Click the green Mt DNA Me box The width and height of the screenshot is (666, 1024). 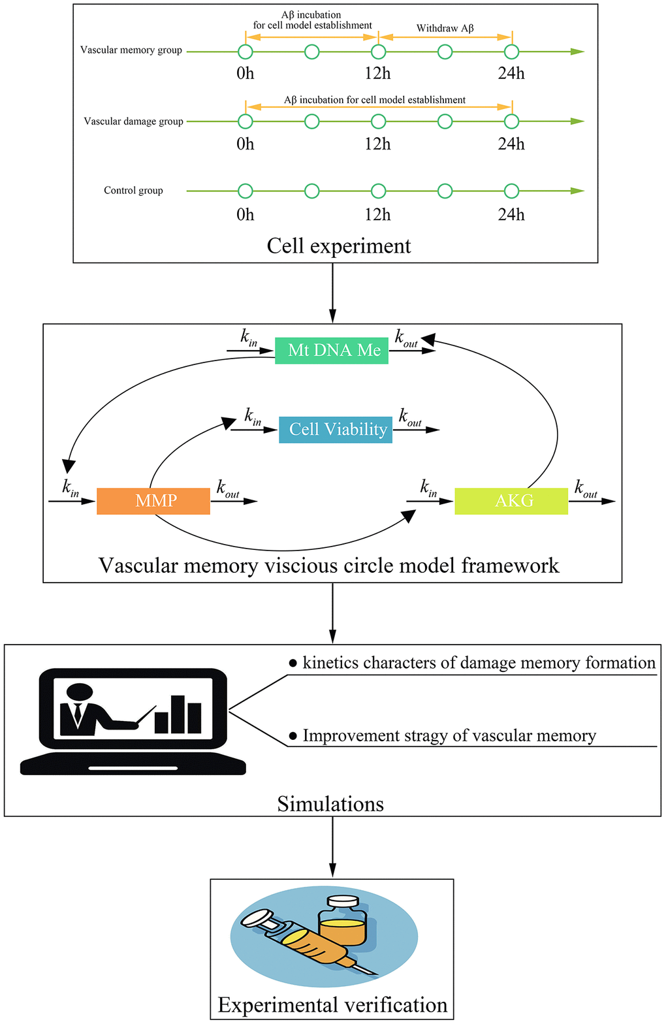point(332,351)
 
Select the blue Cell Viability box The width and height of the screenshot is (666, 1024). point(336,430)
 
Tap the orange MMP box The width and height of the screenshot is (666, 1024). point(153,501)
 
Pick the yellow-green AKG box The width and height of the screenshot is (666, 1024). point(511,501)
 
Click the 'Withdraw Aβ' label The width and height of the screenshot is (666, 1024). point(445,29)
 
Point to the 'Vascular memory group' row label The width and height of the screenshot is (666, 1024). point(131,50)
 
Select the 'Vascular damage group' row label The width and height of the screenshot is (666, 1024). point(133,121)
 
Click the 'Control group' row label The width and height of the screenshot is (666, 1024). point(133,191)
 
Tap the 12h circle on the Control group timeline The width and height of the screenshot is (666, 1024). point(378,191)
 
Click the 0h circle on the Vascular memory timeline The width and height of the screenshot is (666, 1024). point(245,52)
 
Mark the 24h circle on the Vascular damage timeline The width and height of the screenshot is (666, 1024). point(511,121)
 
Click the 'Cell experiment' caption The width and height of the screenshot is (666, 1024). point(339,246)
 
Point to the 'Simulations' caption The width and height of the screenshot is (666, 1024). point(330,803)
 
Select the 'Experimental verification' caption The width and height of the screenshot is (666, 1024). point(332,1004)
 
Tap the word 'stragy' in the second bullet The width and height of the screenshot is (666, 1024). point(427,736)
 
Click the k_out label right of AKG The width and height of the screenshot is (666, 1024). point(586,488)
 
